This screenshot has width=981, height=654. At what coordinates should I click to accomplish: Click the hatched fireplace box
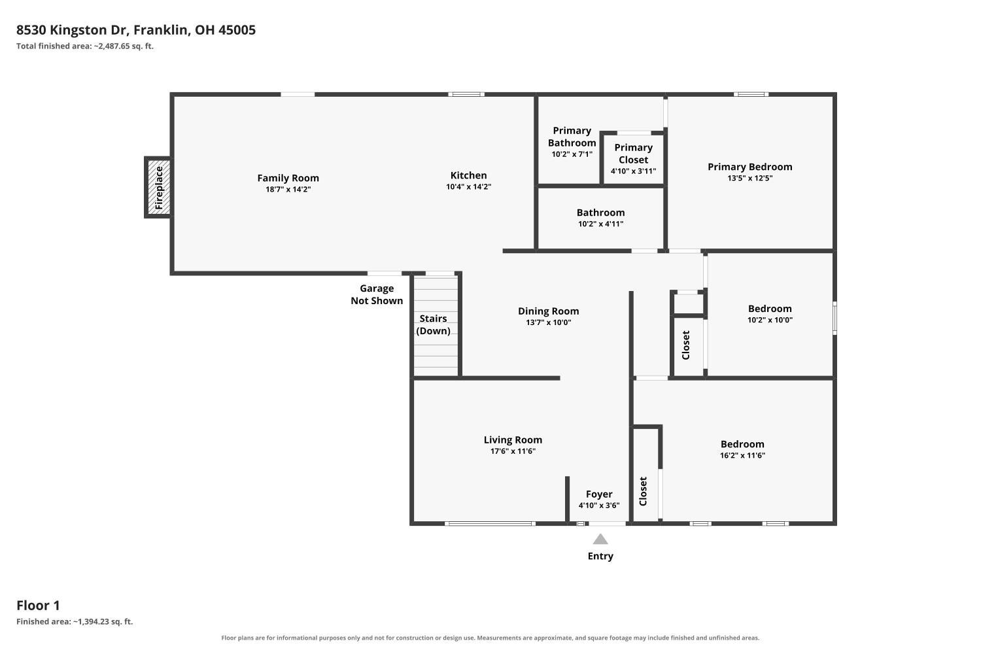coord(158,188)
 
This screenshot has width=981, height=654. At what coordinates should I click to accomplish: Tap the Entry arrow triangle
coord(600,539)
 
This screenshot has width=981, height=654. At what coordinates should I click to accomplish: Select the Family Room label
coord(288,178)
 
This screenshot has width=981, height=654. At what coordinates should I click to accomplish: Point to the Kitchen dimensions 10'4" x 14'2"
coord(469,186)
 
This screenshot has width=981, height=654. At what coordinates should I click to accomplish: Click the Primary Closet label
coord(633,153)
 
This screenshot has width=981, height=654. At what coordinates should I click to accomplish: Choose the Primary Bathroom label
coord(572,137)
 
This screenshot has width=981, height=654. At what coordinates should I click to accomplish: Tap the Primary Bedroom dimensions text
coord(749,178)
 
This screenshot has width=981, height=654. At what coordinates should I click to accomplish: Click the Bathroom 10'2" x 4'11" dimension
coord(600,224)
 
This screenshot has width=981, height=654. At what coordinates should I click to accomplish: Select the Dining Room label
coord(548,311)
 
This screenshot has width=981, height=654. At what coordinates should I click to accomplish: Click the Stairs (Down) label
coord(433,324)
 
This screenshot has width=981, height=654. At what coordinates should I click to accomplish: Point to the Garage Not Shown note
coord(377,294)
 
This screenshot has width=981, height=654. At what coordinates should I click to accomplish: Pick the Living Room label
coord(513,439)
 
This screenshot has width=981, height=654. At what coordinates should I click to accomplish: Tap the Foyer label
coord(599,494)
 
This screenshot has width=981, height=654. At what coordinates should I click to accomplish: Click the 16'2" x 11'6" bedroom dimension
coord(742,455)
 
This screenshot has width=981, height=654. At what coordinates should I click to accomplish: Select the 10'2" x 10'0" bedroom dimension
coord(770,320)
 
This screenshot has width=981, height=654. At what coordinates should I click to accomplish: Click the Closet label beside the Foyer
coord(643,492)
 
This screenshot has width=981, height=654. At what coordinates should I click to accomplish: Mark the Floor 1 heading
coord(38,606)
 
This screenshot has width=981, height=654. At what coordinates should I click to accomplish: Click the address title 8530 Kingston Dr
coord(72,30)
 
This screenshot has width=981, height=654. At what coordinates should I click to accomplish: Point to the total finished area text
coord(85,46)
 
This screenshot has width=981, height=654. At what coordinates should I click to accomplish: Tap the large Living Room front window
coord(490,523)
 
